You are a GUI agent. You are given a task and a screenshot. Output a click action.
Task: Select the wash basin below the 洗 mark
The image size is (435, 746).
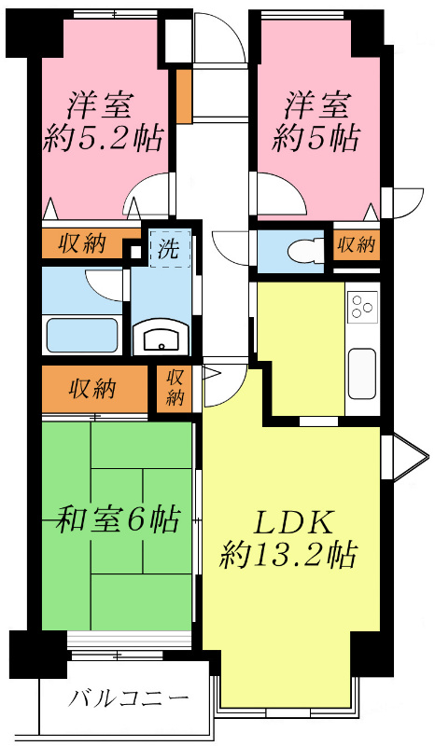pyautogui.click(x=161, y=338)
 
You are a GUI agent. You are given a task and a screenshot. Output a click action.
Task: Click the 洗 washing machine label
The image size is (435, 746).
pyautogui.click(x=169, y=249)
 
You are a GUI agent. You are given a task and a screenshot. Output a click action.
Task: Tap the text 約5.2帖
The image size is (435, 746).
pyautogui.click(x=104, y=140)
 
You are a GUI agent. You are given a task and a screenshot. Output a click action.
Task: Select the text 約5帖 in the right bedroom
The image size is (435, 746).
pyautogui.click(x=317, y=140)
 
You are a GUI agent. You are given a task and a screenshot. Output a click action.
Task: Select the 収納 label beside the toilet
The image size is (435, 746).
pyautogui.click(x=356, y=245)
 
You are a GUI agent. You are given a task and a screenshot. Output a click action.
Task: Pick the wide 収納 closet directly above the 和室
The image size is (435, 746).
pyautogui.click(x=92, y=387)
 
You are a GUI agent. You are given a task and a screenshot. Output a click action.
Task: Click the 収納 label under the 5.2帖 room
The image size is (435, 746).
pyautogui.click(x=81, y=244)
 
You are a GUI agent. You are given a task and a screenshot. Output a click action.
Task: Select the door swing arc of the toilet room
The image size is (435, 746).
pyautogui.click(x=231, y=247)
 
